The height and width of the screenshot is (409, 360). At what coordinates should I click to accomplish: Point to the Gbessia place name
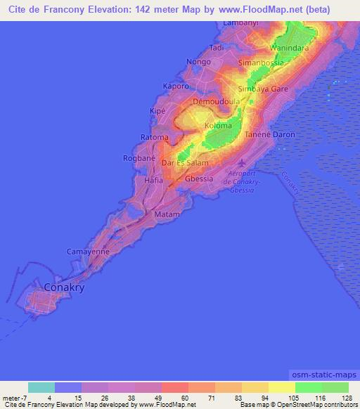pos(198,178)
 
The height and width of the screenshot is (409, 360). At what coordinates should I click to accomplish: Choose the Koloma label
pos(218,125)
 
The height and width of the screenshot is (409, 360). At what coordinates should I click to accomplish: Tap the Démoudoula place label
pos(217,101)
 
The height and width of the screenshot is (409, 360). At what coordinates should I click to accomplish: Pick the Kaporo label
pos(176,86)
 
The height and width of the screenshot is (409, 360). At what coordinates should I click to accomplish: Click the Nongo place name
pos(199,62)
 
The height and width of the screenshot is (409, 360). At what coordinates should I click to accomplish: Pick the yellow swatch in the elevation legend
pos(281,387)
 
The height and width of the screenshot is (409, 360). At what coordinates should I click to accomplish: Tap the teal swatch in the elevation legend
pos(41,387)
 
